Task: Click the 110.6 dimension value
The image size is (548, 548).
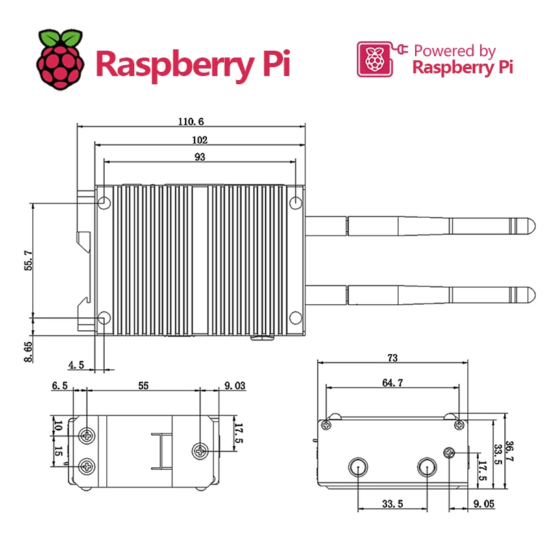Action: (191, 121)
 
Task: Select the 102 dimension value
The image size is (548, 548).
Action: (199, 140)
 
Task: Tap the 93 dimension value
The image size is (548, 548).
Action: (199, 157)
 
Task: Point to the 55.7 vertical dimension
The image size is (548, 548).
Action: (28, 260)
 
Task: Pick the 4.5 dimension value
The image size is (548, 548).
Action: (76, 365)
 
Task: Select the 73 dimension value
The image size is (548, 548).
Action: (393, 358)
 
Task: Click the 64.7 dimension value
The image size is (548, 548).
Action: (393, 383)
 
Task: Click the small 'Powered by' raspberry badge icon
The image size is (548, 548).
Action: (373, 60)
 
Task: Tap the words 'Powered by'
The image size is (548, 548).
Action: (454, 51)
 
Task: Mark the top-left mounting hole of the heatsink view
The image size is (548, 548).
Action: (105, 203)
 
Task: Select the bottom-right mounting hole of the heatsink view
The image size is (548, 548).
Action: (295, 318)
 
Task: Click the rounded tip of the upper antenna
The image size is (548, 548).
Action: (528, 225)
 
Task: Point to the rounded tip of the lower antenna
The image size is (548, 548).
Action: (528, 295)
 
